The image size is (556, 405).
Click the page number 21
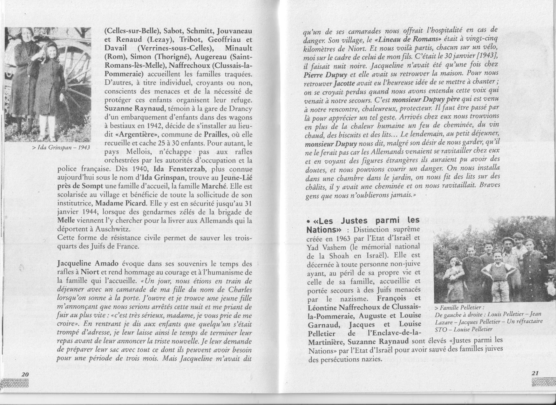[x=535, y=373]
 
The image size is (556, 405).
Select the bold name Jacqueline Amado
[x=88, y=264]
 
